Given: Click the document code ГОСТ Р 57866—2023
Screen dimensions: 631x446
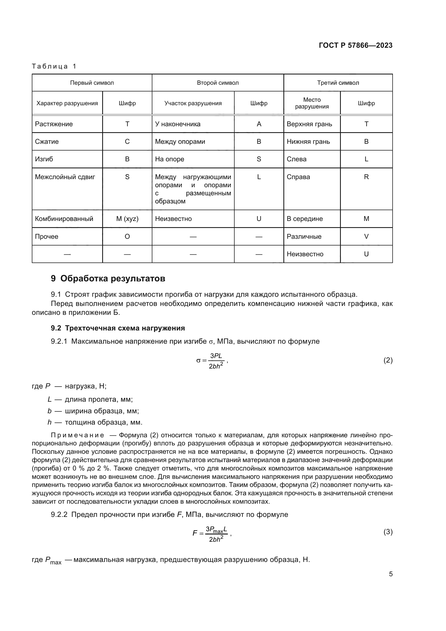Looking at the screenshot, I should pyautogui.click(x=355, y=45).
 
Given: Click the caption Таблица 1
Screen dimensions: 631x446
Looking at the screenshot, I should pyautogui.click(x=54, y=66).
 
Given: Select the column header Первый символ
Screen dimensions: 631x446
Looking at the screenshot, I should pyautogui.click(x=92, y=83).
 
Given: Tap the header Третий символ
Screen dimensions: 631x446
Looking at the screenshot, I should pyautogui.click(x=338, y=83).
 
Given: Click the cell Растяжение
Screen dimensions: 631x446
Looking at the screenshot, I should pyautogui.click(x=54, y=124).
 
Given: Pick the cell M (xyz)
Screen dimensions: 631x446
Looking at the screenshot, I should pyautogui.click(x=127, y=219).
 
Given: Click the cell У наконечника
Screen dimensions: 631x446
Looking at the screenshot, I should pyautogui.click(x=178, y=124).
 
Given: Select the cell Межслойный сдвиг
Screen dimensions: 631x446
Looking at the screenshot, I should pyautogui.click(x=65, y=177).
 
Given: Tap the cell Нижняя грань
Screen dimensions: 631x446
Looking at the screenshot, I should pyautogui.click(x=308, y=142).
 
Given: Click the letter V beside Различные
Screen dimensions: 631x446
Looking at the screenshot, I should pyautogui.click(x=366, y=236).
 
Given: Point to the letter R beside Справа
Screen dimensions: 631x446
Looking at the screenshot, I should pyautogui.click(x=366, y=177).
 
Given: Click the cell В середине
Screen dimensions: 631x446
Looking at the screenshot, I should pyautogui.click(x=304, y=219).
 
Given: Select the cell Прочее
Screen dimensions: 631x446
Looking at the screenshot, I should pyautogui.click(x=47, y=236).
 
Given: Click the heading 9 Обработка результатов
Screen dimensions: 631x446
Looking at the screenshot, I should pyautogui.click(x=108, y=278).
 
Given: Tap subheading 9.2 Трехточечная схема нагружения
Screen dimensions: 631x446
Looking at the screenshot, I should pyautogui.click(x=118, y=328).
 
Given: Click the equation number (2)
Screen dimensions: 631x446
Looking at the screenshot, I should pyautogui.click(x=388, y=360).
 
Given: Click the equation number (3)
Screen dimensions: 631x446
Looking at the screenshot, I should pyautogui.click(x=388, y=532).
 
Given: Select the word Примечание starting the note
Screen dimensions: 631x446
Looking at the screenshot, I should pyautogui.click(x=77, y=435).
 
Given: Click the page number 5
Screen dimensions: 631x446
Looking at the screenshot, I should pyautogui.click(x=390, y=574).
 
